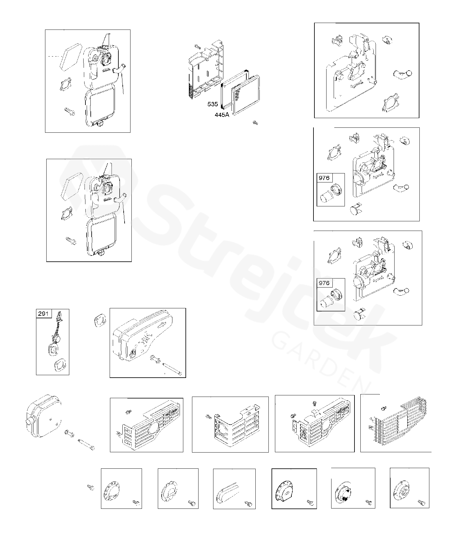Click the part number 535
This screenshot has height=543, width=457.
coord(213,104)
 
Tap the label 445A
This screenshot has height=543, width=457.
coord(222,115)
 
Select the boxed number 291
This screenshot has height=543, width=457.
coord(43,313)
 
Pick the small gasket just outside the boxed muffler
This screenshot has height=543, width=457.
coord(99,320)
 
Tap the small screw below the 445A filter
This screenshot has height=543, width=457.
coord(255,123)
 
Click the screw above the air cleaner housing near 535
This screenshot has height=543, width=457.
coord(197,47)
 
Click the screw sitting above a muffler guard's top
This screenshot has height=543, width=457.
coord(315,404)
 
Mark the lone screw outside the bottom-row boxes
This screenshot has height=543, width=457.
coord(91,487)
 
